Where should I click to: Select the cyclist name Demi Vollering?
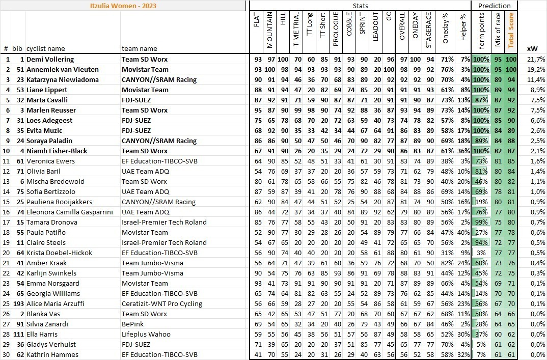50,59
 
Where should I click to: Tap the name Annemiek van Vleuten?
62,69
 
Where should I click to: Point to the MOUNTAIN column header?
269,30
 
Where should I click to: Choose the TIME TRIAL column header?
296,30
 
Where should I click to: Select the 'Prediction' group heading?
495,6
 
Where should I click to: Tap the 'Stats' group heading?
360,6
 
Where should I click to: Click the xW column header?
532,48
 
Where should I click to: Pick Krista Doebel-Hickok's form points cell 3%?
481,253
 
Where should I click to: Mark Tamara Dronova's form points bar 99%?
481,222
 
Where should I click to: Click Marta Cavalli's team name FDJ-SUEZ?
137,100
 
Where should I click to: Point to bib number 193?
18,303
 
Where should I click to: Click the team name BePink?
132,324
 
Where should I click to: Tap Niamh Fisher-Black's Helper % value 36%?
463,151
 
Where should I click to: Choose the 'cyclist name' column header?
46,48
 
